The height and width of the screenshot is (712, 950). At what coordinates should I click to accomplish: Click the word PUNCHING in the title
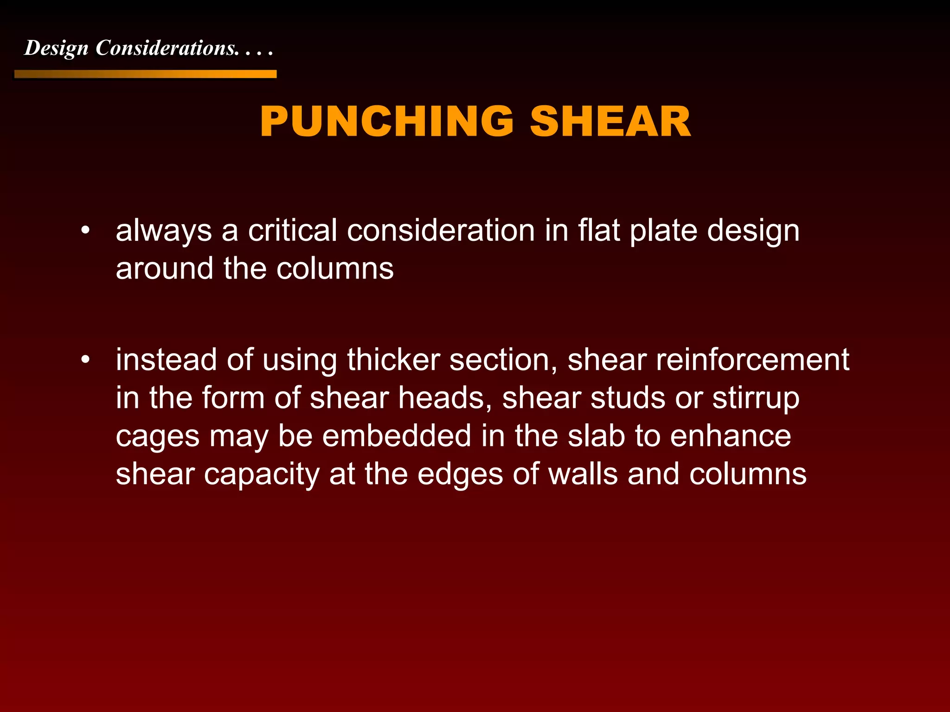pos(386,122)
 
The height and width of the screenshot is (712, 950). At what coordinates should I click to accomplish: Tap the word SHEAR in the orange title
pos(610,122)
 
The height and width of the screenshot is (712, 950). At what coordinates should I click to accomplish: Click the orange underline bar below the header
pos(145,74)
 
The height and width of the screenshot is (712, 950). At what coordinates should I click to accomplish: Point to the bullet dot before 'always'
pos(84,231)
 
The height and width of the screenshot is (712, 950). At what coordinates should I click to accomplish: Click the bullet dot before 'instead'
pos(84,360)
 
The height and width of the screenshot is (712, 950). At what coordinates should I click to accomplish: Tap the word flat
pos(599,231)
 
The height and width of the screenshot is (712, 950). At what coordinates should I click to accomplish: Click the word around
pos(164,269)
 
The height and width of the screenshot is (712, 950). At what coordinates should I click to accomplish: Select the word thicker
pos(393,360)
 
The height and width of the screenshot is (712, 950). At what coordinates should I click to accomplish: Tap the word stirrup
pos(756,399)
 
